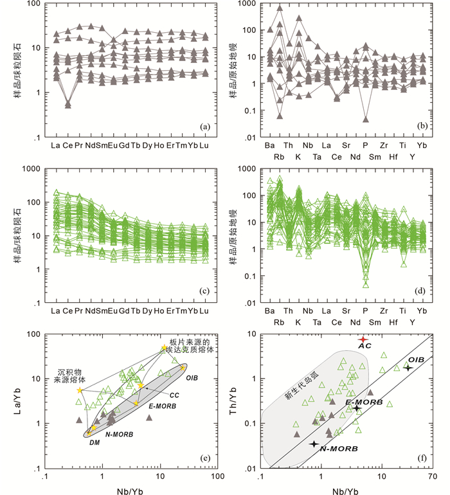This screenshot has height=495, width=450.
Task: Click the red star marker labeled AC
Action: [363, 339]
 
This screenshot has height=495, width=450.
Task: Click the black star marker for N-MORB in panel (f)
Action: [314, 444]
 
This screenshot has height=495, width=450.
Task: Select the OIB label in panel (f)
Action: [415, 359]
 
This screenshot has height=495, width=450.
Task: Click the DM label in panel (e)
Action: [95, 442]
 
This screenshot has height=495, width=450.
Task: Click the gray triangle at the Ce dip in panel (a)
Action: [68, 104]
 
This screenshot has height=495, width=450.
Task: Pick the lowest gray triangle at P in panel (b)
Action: [366, 118]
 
